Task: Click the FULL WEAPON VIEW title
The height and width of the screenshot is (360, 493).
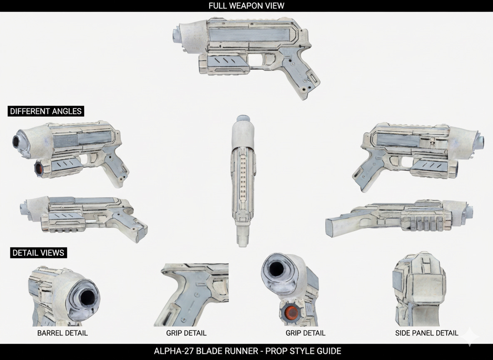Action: tap(246, 6)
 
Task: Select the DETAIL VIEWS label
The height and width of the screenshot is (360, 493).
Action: tap(38, 253)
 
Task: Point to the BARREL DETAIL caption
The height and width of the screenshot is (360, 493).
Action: tap(62, 333)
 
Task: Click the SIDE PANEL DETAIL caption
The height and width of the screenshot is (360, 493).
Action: tap(426, 333)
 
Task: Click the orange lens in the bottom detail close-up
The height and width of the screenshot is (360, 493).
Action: tap(291, 312)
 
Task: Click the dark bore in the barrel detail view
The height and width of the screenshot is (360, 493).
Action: tap(88, 297)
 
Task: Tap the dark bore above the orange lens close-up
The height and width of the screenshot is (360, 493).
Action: tap(276, 270)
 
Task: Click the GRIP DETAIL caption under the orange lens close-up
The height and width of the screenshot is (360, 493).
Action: tap(305, 333)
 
